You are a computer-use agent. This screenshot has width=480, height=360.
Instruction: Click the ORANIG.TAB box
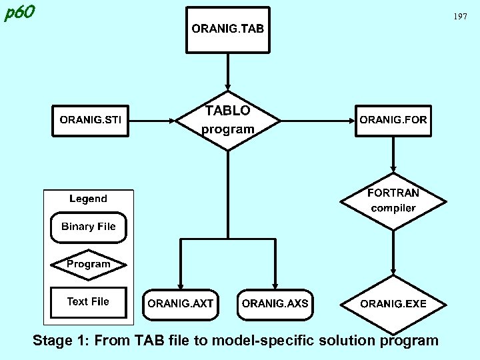[x=228, y=29]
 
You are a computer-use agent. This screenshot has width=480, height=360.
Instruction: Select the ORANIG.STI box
[x=91, y=121]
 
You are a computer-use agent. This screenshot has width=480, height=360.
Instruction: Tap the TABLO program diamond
[x=228, y=120]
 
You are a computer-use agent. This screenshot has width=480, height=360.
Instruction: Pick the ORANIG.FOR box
[x=393, y=121]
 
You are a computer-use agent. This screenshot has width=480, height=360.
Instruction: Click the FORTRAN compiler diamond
[x=393, y=200]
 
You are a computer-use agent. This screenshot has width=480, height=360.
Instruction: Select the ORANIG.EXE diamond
[x=393, y=304]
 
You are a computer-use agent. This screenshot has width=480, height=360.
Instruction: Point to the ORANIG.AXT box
[x=180, y=304]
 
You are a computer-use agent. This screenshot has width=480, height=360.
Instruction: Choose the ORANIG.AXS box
[x=275, y=304]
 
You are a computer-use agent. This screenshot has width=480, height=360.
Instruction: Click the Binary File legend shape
[x=88, y=227]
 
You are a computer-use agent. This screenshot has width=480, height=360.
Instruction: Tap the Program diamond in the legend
[x=88, y=264]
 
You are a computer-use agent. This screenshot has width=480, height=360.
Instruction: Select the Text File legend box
[x=88, y=302]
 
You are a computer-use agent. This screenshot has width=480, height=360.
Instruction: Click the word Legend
[x=88, y=199]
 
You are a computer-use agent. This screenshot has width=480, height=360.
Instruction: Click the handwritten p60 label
[x=19, y=13]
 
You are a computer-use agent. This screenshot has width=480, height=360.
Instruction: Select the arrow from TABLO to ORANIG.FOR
[x=317, y=121]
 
